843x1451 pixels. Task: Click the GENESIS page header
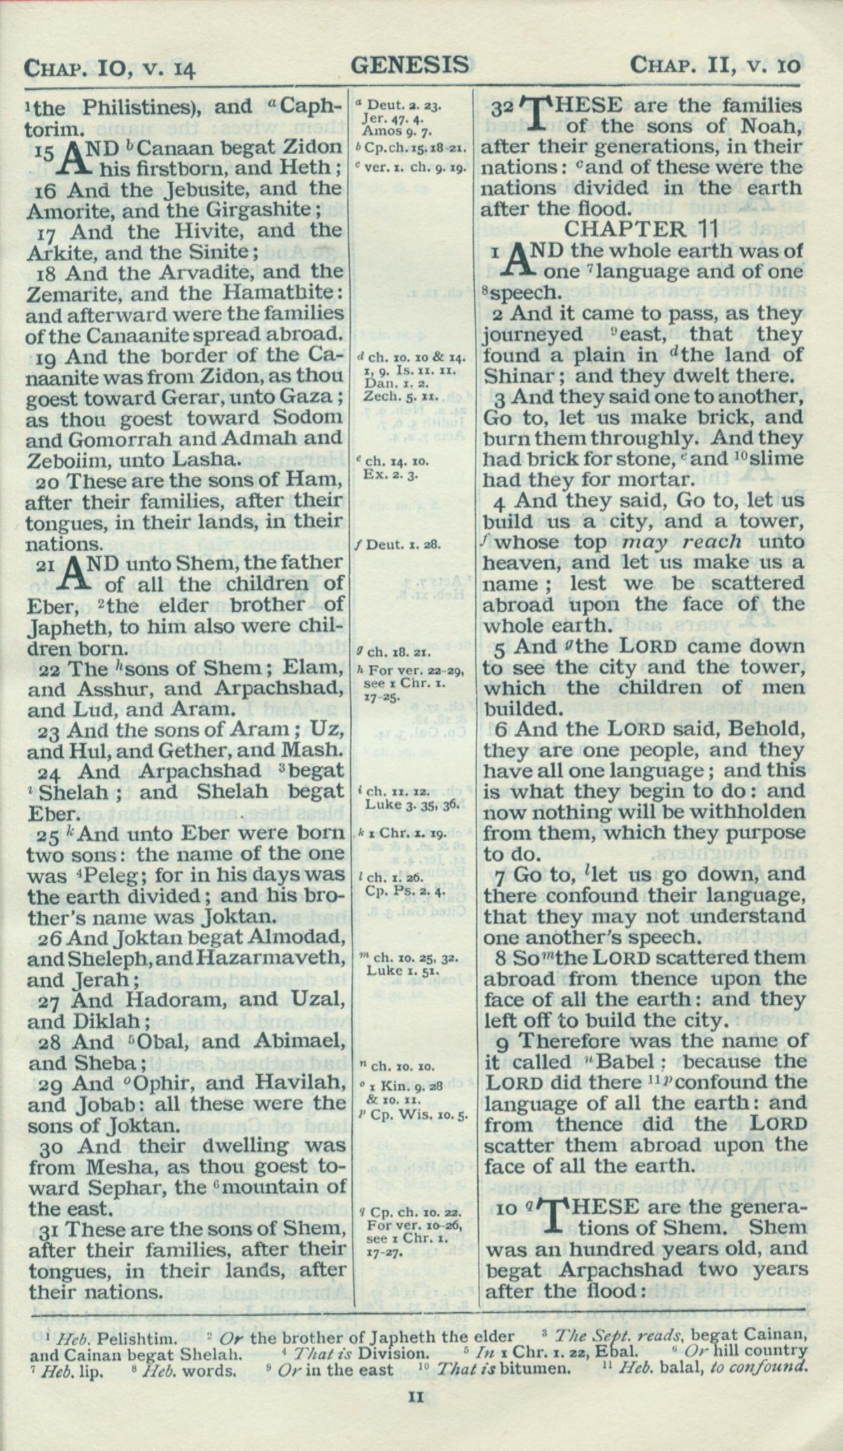tap(410, 65)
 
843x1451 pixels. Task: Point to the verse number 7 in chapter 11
tap(499, 876)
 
